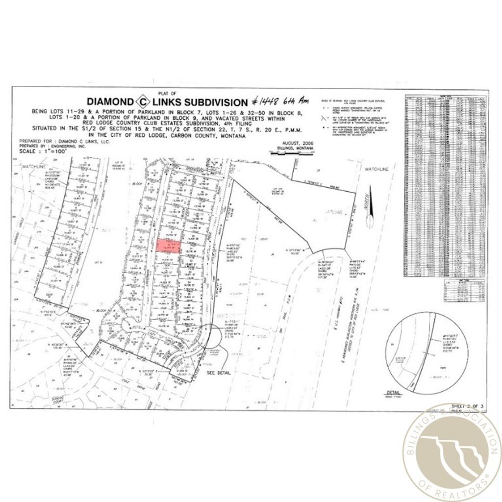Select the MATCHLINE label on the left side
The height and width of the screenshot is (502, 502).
tap(33, 168)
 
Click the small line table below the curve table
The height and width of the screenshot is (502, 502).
tap(463, 290)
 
